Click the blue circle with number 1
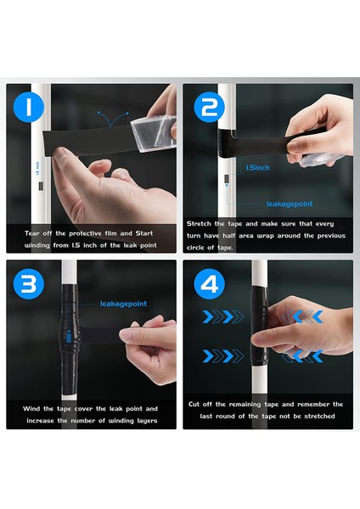[29, 107]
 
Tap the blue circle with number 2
[209, 107]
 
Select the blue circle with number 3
[29, 283]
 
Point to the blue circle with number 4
[209, 283]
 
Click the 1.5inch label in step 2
[257, 167]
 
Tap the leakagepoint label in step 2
[290, 204]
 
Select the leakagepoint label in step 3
[123, 304]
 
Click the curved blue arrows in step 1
[113, 118]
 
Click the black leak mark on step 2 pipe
[227, 178]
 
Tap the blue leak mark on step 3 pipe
[69, 338]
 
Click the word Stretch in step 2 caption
[199, 224]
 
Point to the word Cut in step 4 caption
[194, 404]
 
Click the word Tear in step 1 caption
[32, 233]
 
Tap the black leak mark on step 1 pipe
[41, 187]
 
